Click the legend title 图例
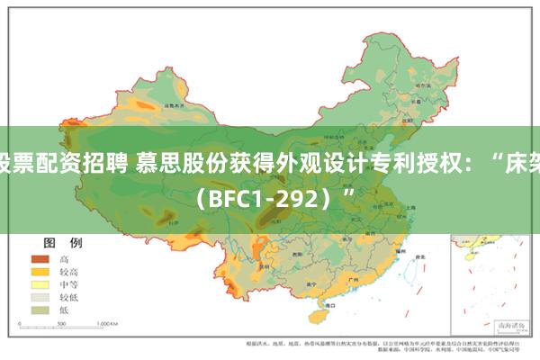pyautogui.click(x=62, y=218)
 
